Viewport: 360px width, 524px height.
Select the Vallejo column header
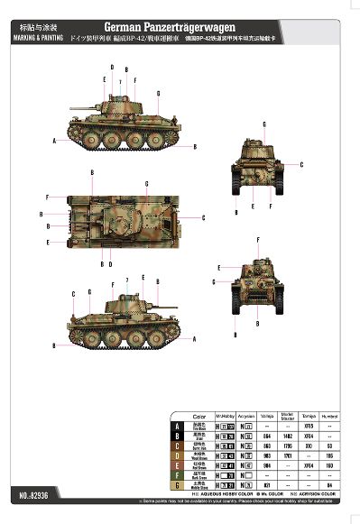[x=267, y=417]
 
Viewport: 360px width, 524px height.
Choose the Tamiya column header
[x=309, y=417]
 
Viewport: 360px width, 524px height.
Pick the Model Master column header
[x=288, y=417]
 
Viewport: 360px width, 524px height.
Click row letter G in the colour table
[x=178, y=484]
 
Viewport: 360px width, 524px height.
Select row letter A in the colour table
[x=178, y=426]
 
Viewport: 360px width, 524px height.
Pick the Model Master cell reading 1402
[x=288, y=436]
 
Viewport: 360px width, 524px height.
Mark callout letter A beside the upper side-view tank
[x=54, y=141]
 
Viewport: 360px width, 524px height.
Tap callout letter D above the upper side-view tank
[x=112, y=68]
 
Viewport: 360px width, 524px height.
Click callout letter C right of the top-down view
[x=205, y=217]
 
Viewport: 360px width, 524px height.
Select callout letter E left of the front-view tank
[x=219, y=268]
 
